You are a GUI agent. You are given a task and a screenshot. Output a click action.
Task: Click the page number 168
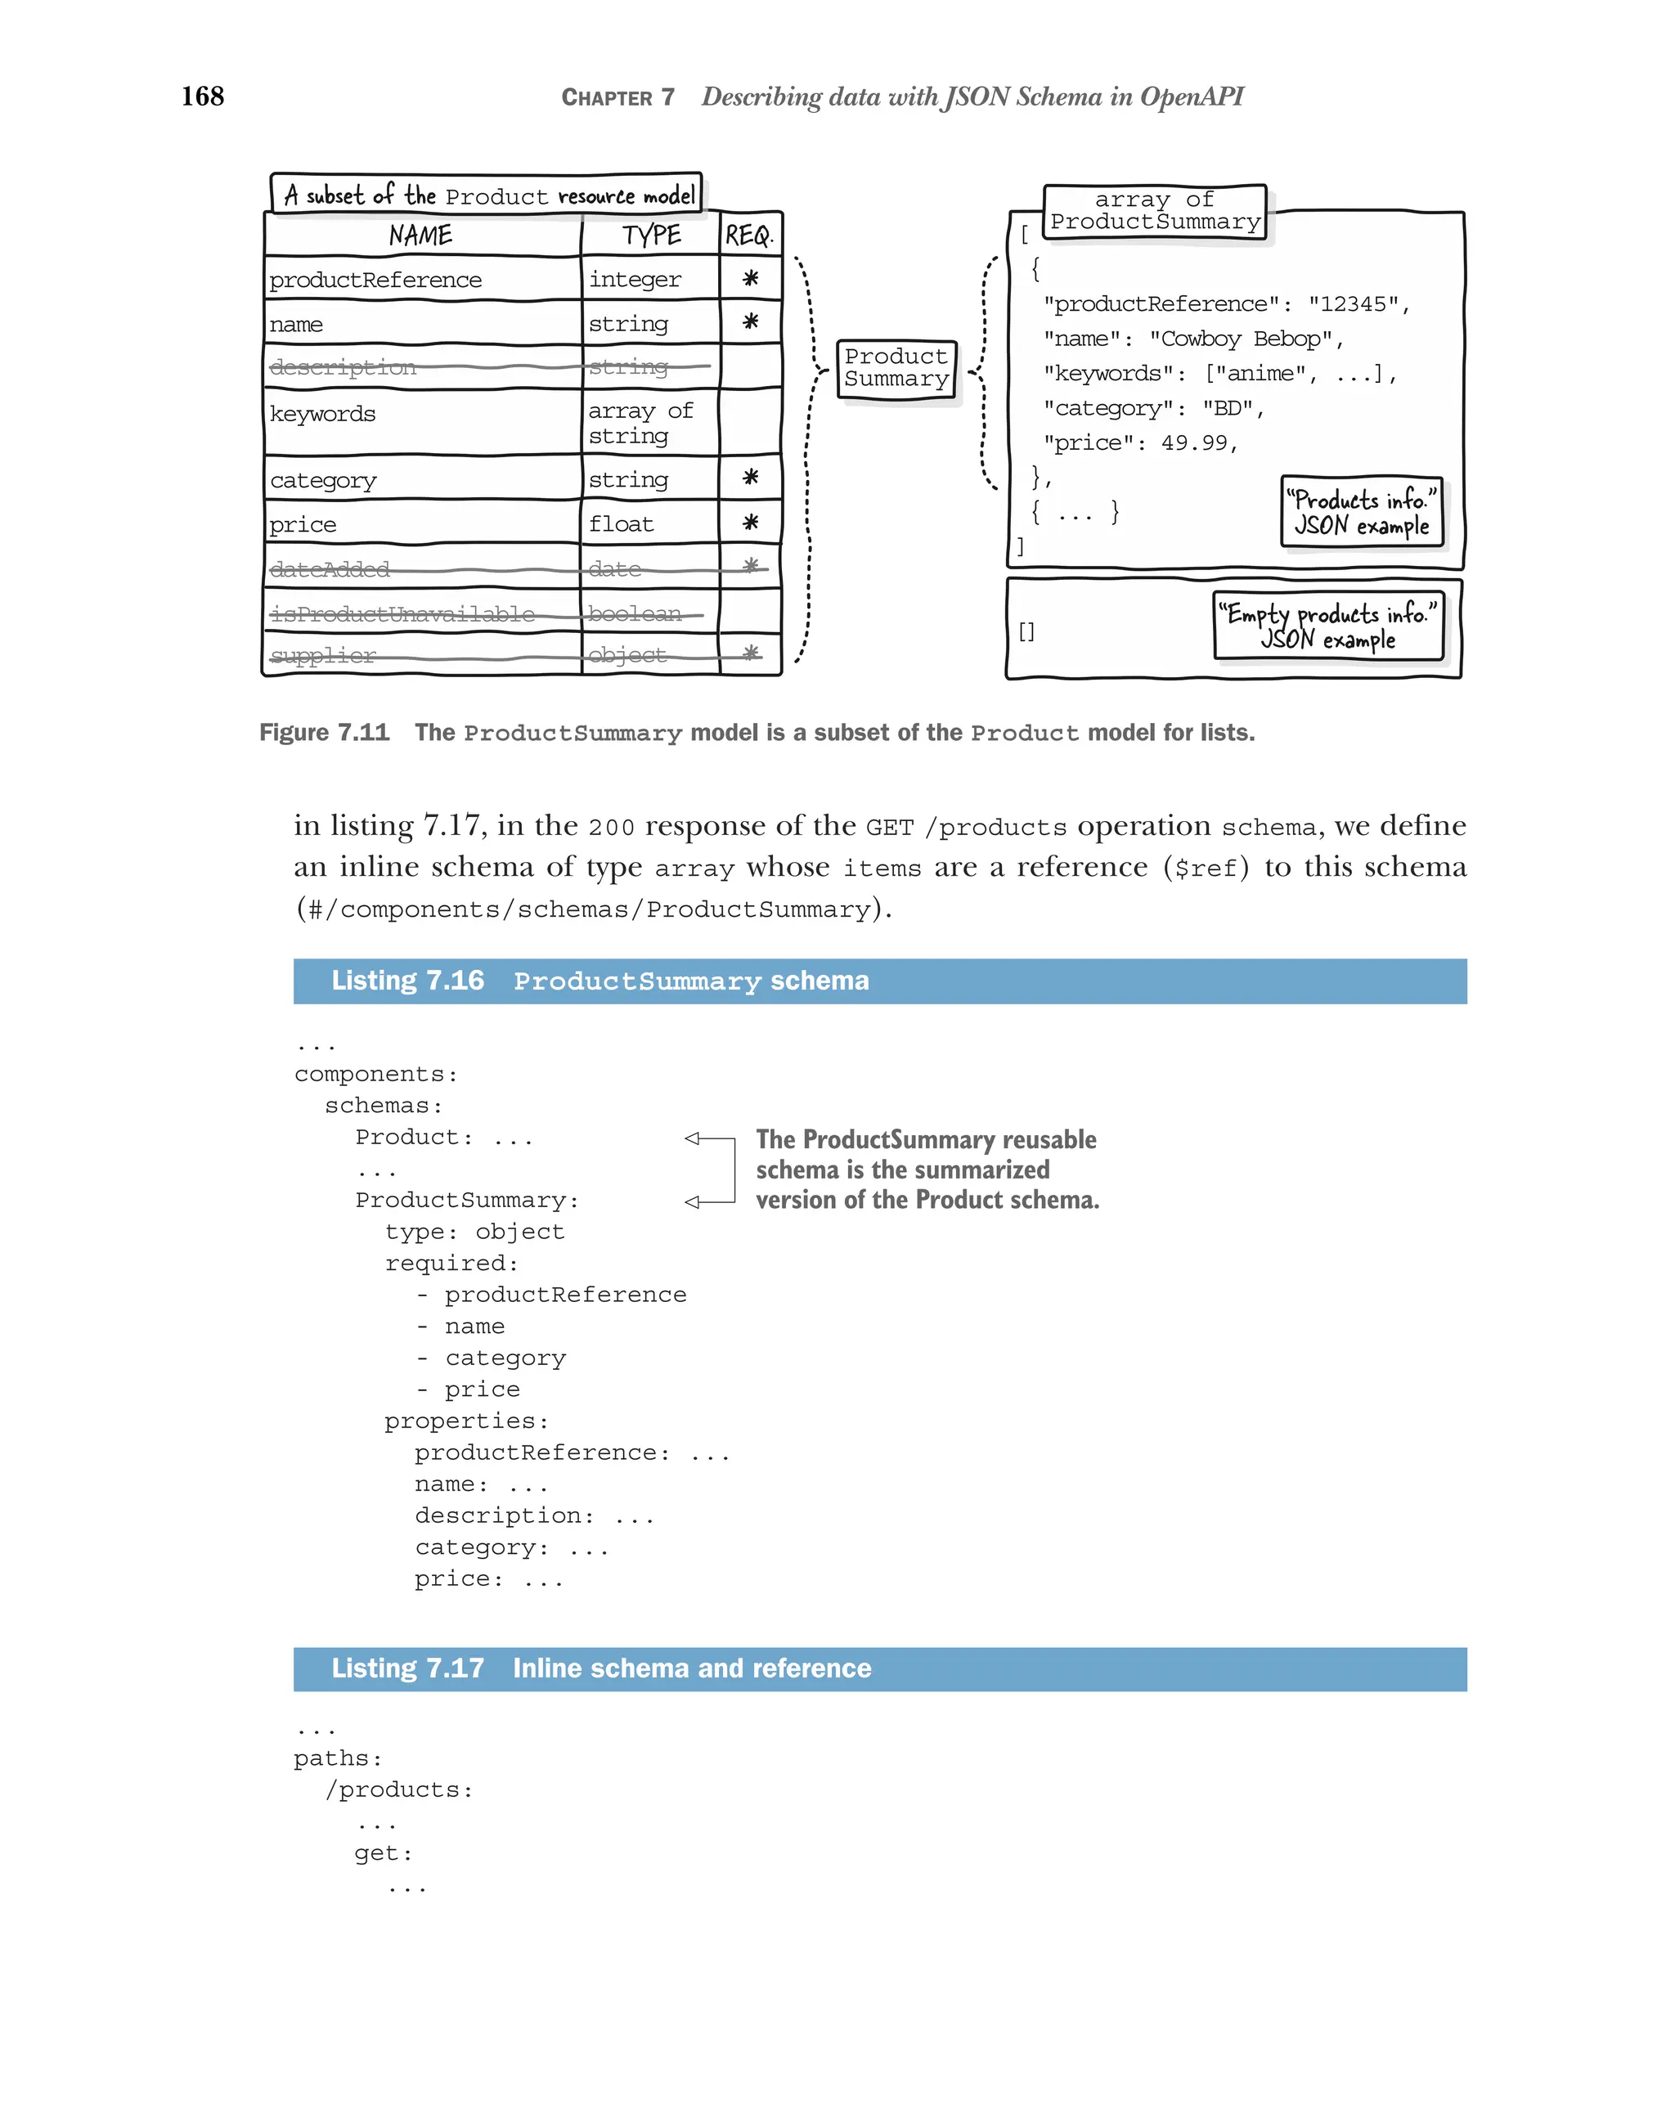[x=203, y=96]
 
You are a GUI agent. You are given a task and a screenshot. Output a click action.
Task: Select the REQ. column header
[x=748, y=235]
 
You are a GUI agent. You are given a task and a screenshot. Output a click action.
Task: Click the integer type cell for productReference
[x=635, y=280]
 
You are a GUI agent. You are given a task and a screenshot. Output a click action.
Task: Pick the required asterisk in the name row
[x=749, y=321]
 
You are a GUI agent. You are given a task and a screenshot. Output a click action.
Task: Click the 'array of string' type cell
[x=640, y=423]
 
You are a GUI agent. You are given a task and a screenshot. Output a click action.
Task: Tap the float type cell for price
[x=621, y=524]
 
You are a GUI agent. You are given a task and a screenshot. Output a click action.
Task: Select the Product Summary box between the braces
[x=896, y=368]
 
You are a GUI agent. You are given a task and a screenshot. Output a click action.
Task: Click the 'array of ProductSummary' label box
[x=1154, y=210]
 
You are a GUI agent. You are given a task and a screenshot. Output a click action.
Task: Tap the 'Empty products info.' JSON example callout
[x=1327, y=626]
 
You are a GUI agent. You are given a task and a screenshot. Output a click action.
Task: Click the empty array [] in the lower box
[x=1026, y=631]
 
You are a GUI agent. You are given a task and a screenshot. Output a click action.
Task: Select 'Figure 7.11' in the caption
[x=324, y=733]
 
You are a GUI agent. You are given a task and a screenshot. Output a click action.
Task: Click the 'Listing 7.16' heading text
[x=407, y=981]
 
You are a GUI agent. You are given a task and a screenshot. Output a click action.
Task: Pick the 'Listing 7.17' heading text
[x=407, y=1668]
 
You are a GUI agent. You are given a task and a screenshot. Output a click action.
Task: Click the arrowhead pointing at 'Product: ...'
[x=693, y=1138]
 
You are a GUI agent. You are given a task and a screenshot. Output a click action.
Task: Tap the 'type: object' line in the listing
[x=474, y=1232]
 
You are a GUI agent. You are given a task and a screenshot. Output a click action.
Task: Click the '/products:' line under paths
[x=399, y=1790]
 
